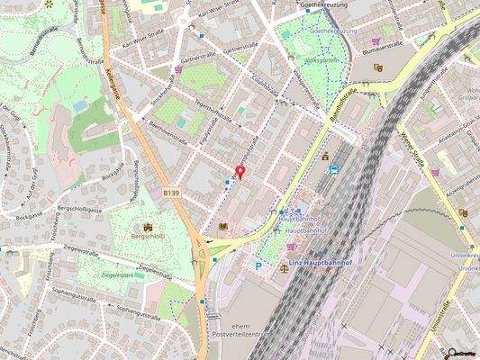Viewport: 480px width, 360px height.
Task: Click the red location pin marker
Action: coord(240,171)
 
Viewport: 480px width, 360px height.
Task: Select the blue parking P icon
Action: coord(258,265)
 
